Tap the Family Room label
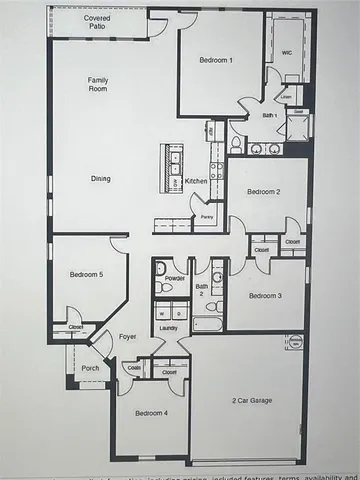click(x=98, y=84)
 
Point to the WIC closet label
click(x=286, y=51)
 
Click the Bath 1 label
click(x=269, y=115)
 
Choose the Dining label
click(x=101, y=179)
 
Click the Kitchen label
click(x=196, y=181)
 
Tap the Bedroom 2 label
click(x=264, y=191)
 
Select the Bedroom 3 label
click(x=265, y=295)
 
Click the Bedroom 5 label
click(x=86, y=274)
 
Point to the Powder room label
click(x=174, y=277)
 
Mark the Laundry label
click(x=169, y=327)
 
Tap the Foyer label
click(x=127, y=337)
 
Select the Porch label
click(x=90, y=368)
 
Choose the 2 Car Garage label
click(x=251, y=400)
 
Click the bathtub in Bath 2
click(x=208, y=325)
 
